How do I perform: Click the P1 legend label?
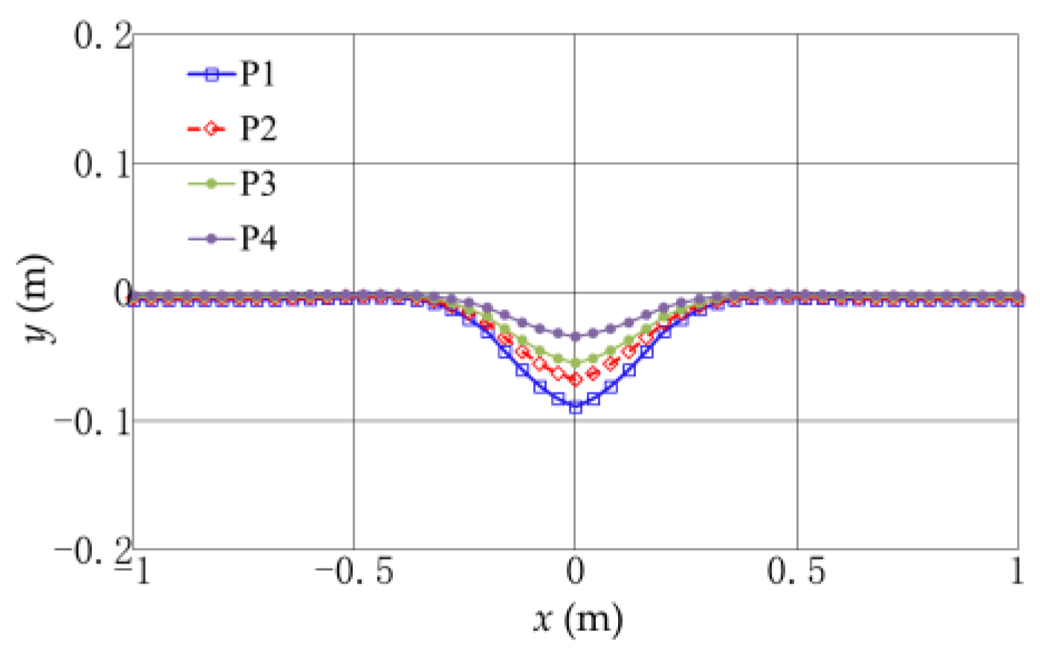(x=257, y=74)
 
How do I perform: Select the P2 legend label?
(x=257, y=129)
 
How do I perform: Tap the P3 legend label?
(x=257, y=184)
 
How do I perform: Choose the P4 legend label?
(x=257, y=239)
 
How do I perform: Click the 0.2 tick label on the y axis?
(x=102, y=35)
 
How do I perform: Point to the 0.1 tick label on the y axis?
(x=102, y=163)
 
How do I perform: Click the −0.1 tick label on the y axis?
(x=91, y=421)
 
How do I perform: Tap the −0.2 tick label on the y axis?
(x=91, y=551)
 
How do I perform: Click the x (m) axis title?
(x=578, y=618)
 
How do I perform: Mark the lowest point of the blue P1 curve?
(x=575, y=407)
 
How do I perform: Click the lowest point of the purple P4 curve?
(x=575, y=336)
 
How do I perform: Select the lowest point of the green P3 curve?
(x=575, y=363)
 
